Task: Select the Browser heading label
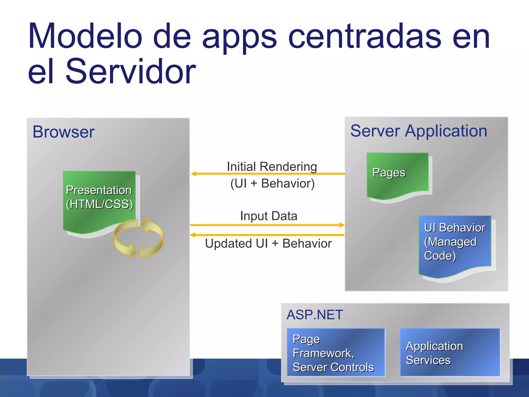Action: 64,132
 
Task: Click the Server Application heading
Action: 418,131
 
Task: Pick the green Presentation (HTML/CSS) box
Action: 99,199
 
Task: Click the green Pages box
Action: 397,174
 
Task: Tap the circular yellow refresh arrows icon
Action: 139,238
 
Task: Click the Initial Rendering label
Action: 272,167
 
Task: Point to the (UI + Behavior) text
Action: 273,184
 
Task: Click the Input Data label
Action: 269,216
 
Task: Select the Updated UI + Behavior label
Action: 268,243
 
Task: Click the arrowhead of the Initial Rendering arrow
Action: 193,174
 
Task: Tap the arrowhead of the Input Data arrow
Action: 342,225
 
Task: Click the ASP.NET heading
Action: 315,315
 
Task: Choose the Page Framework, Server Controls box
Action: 336,353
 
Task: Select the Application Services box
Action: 450,353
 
